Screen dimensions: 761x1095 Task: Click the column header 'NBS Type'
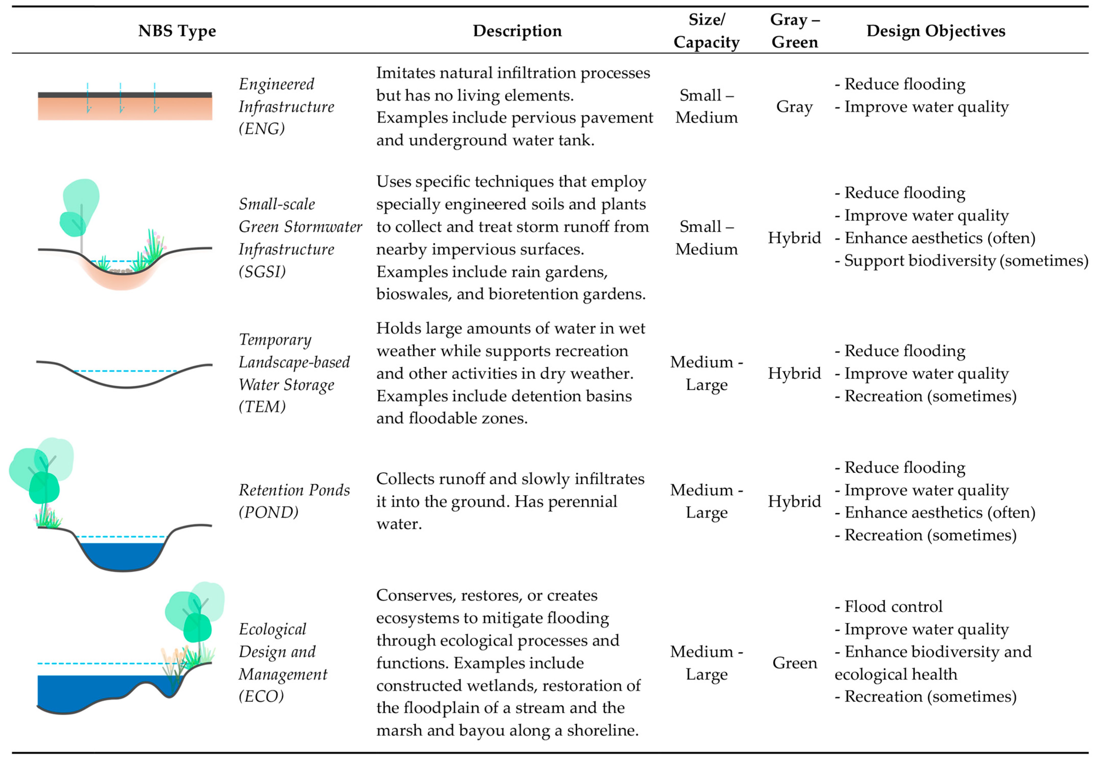(177, 31)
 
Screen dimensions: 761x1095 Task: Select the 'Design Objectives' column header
(935, 31)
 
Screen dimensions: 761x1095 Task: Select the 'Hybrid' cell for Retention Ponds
(794, 501)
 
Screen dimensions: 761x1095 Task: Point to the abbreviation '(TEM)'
(262, 407)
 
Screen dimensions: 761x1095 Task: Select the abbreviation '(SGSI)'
(262, 272)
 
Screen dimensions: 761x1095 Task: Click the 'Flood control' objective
(893, 606)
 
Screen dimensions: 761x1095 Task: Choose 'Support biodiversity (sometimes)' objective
(966, 261)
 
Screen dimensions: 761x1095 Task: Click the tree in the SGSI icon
(81, 205)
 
